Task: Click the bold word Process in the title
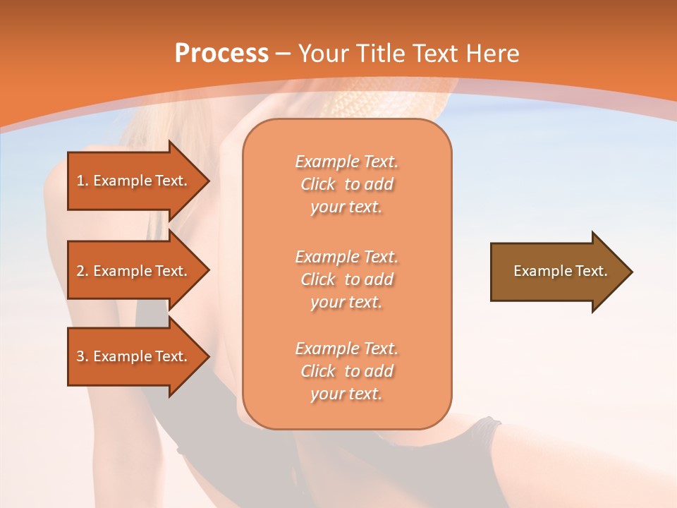point(221,53)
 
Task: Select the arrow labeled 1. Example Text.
point(134,181)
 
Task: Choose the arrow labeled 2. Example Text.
point(134,271)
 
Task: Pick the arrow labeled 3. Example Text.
point(134,356)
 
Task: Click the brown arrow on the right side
point(557,271)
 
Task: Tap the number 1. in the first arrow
point(83,181)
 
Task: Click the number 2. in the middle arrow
point(83,271)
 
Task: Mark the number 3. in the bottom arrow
point(83,356)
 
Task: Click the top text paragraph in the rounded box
point(346,184)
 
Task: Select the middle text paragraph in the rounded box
point(346,279)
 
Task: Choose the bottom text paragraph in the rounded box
point(346,371)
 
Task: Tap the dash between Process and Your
point(283,54)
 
